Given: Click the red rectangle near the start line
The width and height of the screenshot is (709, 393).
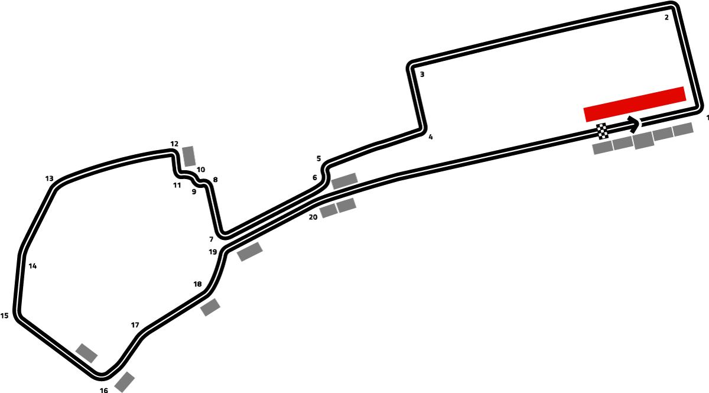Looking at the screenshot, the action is pos(635,104).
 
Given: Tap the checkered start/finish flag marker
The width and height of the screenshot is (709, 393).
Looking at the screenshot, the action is pos(602,131).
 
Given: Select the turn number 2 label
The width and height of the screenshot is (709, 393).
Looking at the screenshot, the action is pos(666,17).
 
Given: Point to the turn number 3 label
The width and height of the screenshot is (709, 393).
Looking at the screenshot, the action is pos(422,74).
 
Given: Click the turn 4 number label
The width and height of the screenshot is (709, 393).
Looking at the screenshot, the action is pos(431,137).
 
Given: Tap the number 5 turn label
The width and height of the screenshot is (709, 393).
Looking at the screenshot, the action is pos(318,158).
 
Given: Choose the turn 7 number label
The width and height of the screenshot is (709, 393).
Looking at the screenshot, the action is pos(212,239).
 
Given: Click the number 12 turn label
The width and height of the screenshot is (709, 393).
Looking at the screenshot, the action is pos(174,144).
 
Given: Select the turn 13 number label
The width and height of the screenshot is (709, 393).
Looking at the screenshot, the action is pos(49,178).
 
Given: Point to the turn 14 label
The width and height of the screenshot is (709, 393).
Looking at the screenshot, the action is pos(32,266).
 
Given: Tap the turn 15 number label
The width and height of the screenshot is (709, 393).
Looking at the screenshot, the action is pos(5,316).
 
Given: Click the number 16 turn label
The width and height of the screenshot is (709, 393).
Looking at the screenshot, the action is pos(104,390).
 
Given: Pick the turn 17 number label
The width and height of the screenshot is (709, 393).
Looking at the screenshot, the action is pos(135,325).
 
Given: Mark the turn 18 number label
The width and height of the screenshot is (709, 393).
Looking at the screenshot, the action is pos(197,284).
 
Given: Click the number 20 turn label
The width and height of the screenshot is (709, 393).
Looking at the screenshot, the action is pos(313,217).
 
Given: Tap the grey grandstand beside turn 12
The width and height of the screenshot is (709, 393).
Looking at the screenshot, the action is pos(189,156).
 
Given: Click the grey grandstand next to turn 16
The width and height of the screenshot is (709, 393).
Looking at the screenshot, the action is pos(125,382).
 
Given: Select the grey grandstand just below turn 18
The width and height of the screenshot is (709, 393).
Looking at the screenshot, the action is pos(210,307).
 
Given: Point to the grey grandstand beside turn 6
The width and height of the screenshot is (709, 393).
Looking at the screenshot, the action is pos(344,181).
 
